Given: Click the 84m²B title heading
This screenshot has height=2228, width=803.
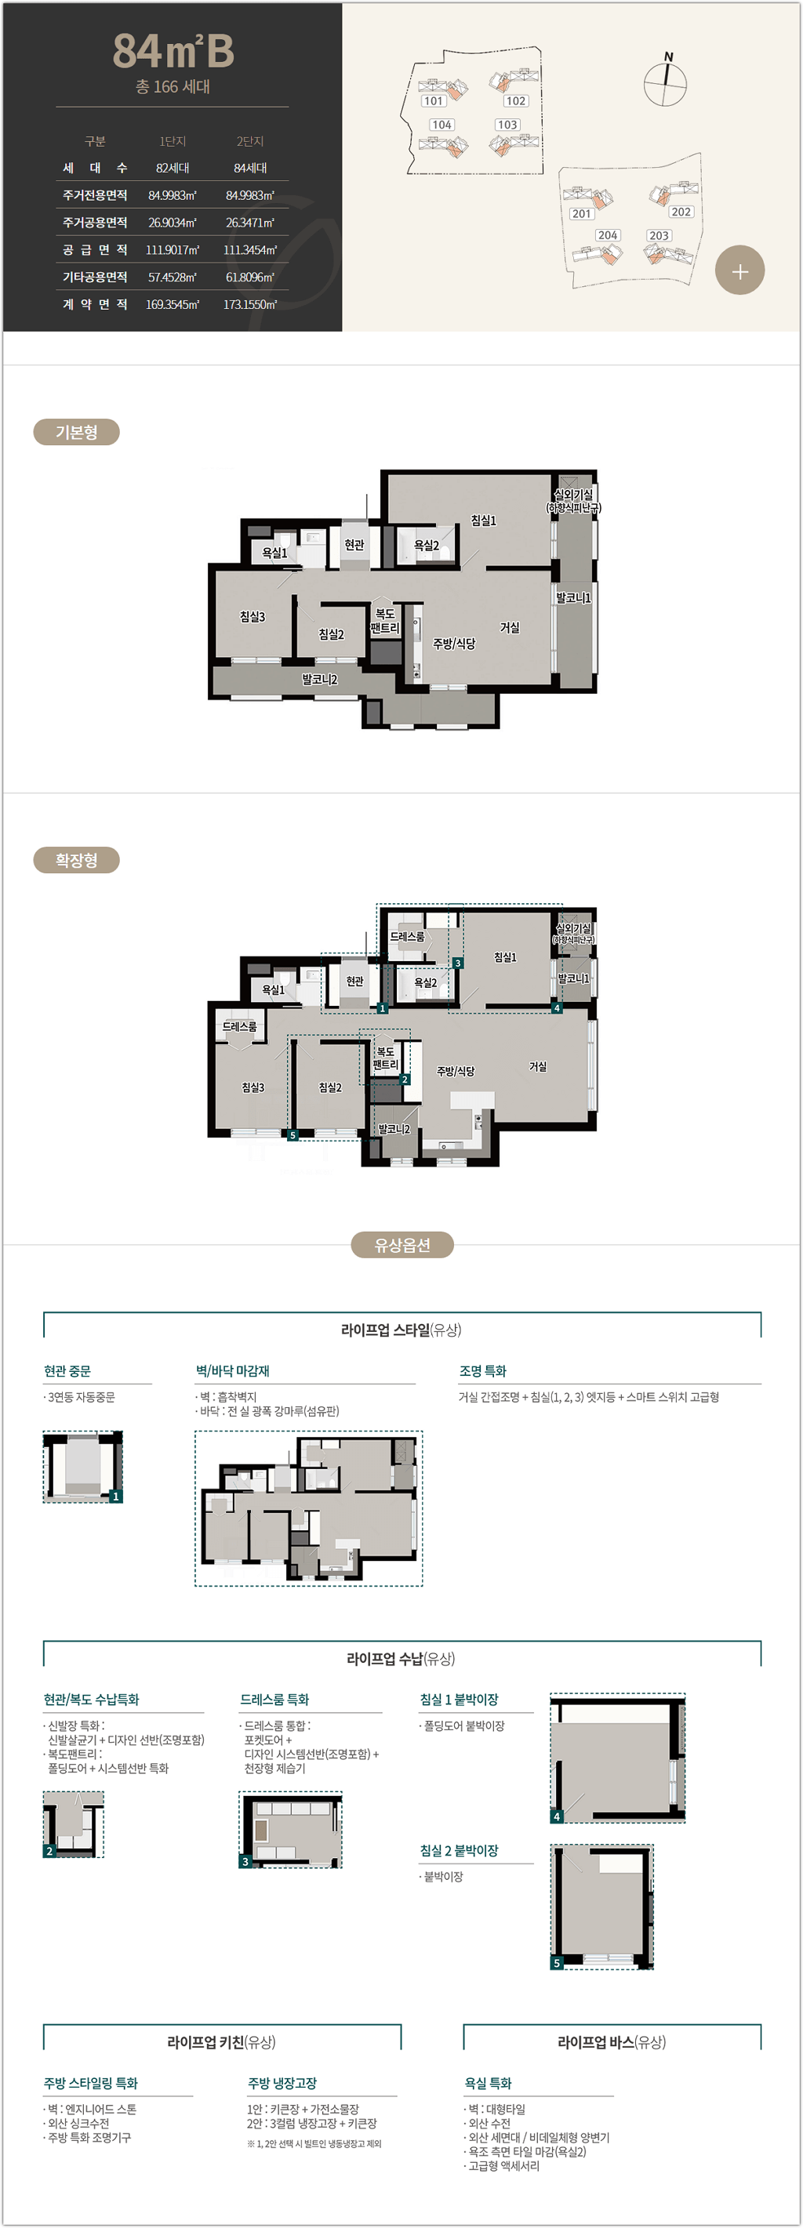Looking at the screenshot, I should pyautogui.click(x=173, y=51).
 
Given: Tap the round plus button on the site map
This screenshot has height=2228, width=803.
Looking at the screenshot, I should pyautogui.click(x=739, y=270).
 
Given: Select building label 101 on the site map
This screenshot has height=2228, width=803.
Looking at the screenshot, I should pyautogui.click(x=434, y=101).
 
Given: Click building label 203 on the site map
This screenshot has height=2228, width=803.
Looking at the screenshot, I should pyautogui.click(x=659, y=235).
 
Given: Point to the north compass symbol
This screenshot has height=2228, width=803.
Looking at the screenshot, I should pyautogui.click(x=666, y=83).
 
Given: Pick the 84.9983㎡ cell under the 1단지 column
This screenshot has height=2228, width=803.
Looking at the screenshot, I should pyautogui.click(x=173, y=195).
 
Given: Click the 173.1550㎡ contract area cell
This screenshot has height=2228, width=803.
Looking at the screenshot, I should pyautogui.click(x=250, y=304).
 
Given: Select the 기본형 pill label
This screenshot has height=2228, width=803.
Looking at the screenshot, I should pyautogui.click(x=76, y=433).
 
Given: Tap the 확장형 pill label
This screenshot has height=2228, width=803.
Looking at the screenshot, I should pyautogui.click(x=76, y=861).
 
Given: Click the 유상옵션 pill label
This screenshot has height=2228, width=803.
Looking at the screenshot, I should pyautogui.click(x=401, y=1246).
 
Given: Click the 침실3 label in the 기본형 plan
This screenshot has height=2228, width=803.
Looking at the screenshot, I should pyautogui.click(x=253, y=617).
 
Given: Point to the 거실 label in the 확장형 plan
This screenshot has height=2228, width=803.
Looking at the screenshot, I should pyautogui.click(x=538, y=1066).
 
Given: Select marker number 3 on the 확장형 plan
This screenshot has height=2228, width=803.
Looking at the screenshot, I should pyautogui.click(x=458, y=963).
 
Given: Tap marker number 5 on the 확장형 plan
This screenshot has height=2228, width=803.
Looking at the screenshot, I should pyautogui.click(x=292, y=1134).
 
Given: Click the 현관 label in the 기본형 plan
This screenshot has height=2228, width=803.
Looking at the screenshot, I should pyautogui.click(x=354, y=545).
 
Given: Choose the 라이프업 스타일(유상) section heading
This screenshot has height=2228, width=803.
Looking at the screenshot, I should pyautogui.click(x=401, y=1330).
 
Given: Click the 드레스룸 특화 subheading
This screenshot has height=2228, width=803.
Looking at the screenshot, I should pyautogui.click(x=274, y=1700).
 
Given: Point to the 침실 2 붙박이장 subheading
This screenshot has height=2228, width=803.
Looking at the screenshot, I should pyautogui.click(x=459, y=1851).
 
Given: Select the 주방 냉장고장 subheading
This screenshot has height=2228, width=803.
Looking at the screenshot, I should pyautogui.click(x=282, y=2084).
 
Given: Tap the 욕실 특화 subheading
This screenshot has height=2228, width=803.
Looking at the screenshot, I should pyautogui.click(x=488, y=2084).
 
